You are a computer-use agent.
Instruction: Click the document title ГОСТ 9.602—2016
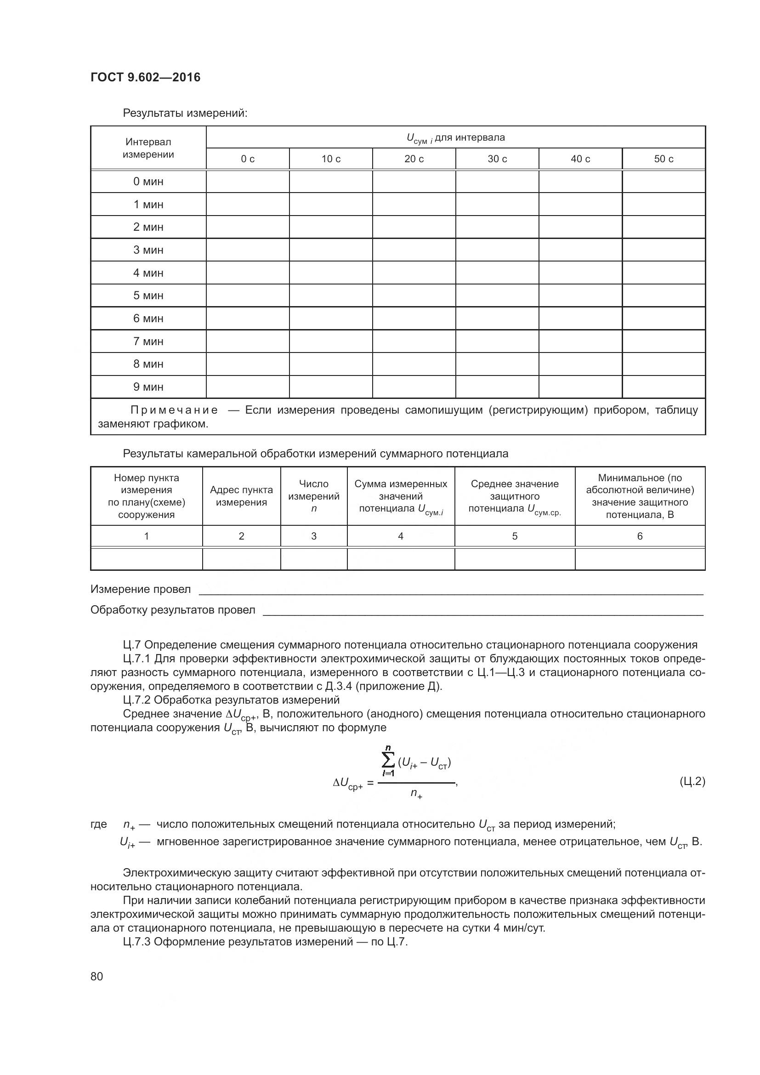(145, 77)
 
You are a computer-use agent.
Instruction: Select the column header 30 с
(497, 159)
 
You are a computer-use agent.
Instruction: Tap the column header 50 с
(663, 159)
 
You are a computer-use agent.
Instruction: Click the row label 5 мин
(148, 296)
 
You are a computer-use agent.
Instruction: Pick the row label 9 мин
(148, 387)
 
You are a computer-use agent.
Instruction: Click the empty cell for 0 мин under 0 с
(248, 182)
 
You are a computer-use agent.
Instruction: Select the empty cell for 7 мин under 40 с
(580, 341)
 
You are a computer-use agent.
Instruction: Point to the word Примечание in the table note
(174, 410)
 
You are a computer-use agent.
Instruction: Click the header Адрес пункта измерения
(241, 496)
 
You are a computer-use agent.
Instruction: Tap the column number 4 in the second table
(401, 536)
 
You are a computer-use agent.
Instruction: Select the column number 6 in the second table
(640, 536)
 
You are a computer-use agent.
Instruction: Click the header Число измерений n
(313, 496)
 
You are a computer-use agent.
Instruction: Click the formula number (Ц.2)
(692, 781)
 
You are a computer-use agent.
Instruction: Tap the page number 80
(97, 976)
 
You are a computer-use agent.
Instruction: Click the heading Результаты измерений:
(185, 114)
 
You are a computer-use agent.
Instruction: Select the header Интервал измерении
(148, 148)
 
